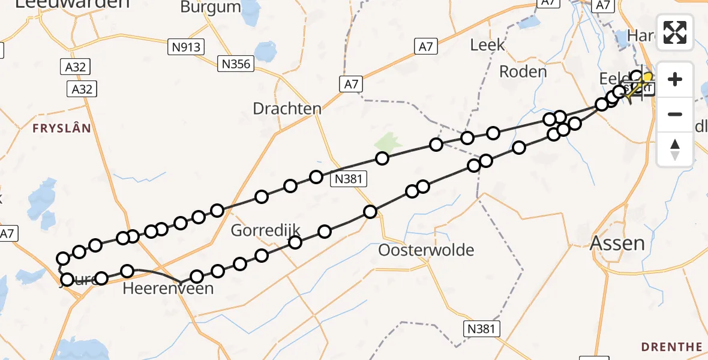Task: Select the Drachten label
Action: pyautogui.click(x=287, y=109)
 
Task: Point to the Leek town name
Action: pyautogui.click(x=487, y=45)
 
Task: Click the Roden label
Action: pyautogui.click(x=523, y=72)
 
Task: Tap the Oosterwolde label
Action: pyautogui.click(x=426, y=250)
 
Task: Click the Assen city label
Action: pyautogui.click(x=617, y=243)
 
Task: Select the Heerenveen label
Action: pyautogui.click(x=168, y=289)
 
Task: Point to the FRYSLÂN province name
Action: pyautogui.click(x=62, y=128)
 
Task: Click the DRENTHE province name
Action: pyautogui.click(x=671, y=347)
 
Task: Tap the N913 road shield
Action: pyautogui.click(x=187, y=46)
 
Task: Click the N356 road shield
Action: pyautogui.click(x=236, y=64)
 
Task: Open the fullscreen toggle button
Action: pyautogui.click(x=675, y=32)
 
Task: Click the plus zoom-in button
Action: pyautogui.click(x=675, y=79)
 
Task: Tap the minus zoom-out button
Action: pyautogui.click(x=675, y=114)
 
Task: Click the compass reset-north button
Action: pyautogui.click(x=675, y=149)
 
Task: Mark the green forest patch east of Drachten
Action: pyautogui.click(x=388, y=143)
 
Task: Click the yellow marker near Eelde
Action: pyautogui.click(x=647, y=78)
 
